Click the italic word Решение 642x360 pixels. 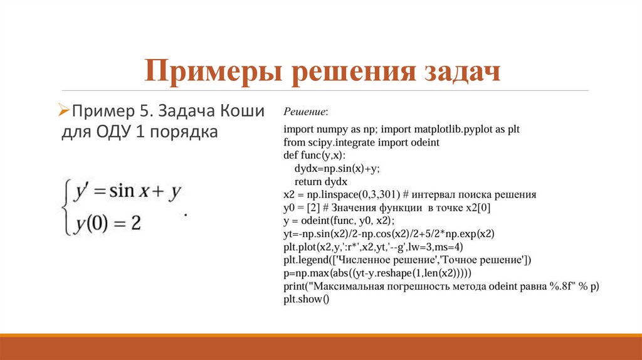point(305,112)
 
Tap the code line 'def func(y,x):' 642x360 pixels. point(314,156)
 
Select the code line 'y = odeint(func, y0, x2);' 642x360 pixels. point(339,221)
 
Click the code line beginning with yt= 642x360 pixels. point(389,234)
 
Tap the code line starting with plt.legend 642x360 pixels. point(408,260)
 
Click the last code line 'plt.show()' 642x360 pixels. point(306,299)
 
